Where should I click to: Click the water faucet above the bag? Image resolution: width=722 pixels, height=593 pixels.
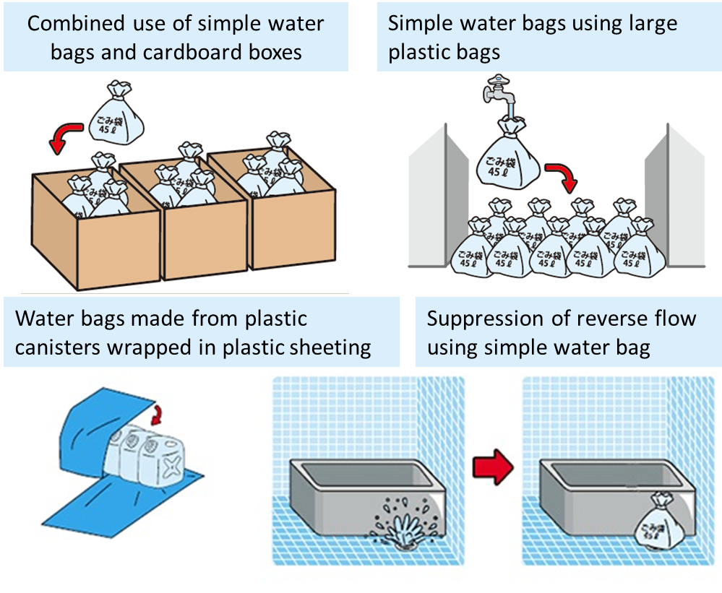[500, 93]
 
